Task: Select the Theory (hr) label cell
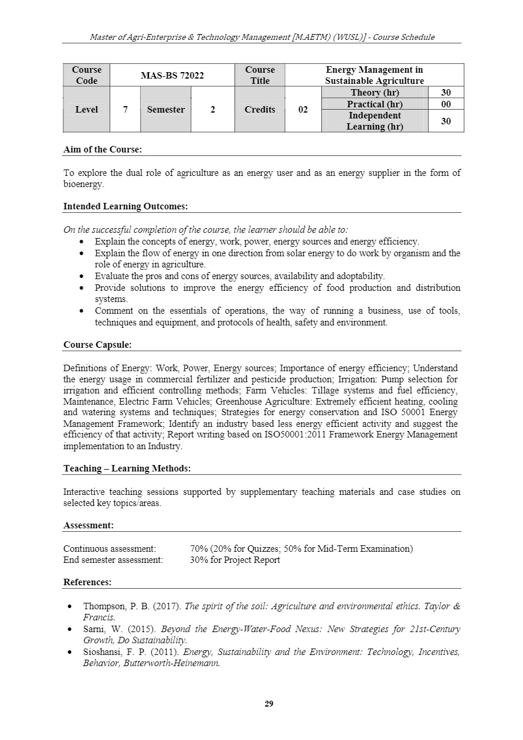[375, 93]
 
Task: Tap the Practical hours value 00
[446, 104]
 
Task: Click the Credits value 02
[303, 110]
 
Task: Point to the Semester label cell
[165, 110]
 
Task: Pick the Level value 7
[125, 110]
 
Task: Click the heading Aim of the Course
[103, 150]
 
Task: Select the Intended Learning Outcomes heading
[125, 206]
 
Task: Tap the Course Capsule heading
[97, 345]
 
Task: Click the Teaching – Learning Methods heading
[127, 469]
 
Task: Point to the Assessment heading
[89, 525]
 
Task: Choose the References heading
[87, 582]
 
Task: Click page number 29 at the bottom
[269, 704]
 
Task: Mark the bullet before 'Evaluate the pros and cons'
[81, 276]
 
